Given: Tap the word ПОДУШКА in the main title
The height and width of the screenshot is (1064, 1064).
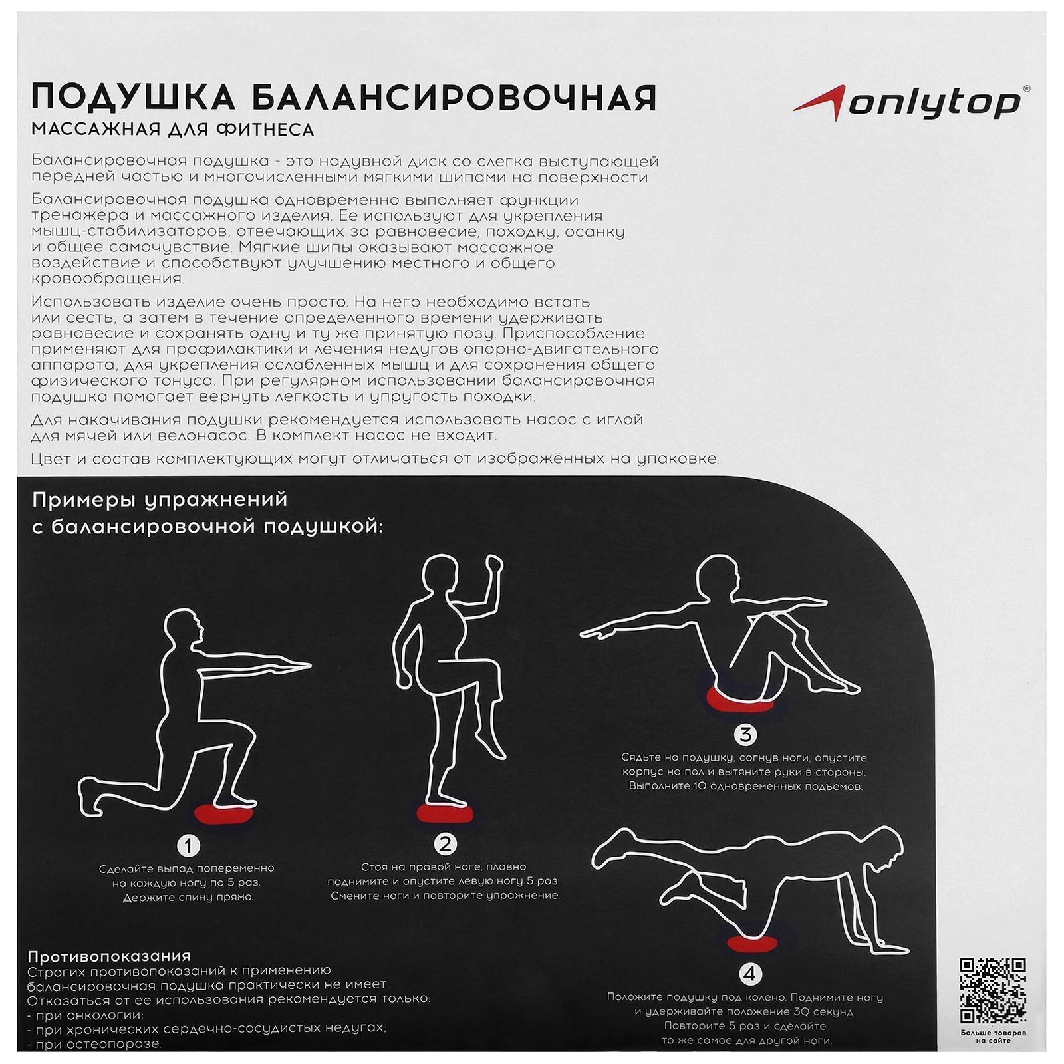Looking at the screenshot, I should [133, 97].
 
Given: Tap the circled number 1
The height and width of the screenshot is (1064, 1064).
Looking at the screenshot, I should [189, 845].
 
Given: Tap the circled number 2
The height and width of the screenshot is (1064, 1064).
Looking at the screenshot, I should [445, 844].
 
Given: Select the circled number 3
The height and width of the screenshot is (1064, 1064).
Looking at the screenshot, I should [745, 735].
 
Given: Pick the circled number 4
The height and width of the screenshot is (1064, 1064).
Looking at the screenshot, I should [750, 974].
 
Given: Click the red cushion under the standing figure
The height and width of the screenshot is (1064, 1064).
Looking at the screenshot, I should [444, 812].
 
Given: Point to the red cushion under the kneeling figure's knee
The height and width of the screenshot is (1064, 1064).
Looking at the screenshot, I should [751, 942].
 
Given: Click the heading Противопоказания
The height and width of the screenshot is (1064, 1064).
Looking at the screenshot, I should [109, 956].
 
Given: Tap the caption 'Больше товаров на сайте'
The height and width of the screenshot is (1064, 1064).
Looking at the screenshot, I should [993, 1037].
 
